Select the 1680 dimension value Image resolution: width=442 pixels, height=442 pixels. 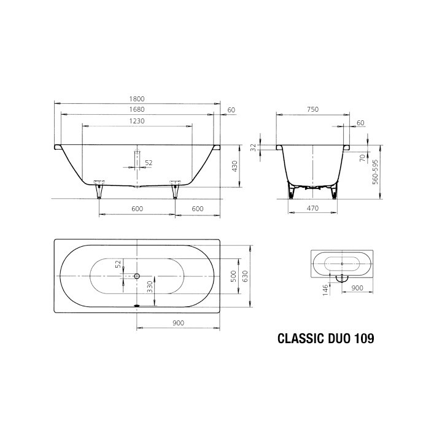coord(137,110)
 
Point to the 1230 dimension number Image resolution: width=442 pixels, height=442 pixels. coord(137,121)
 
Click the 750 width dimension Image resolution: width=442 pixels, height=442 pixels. coord(312,110)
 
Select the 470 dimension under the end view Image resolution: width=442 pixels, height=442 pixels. coord(312,209)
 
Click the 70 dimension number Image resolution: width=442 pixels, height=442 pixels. coord(362,158)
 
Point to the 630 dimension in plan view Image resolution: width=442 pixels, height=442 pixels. coord(244,277)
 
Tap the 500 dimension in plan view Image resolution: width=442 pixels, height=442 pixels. coord(233,277)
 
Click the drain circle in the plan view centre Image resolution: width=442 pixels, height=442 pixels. coord(137,276)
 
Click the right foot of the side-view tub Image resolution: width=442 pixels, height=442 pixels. coord(176,191)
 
